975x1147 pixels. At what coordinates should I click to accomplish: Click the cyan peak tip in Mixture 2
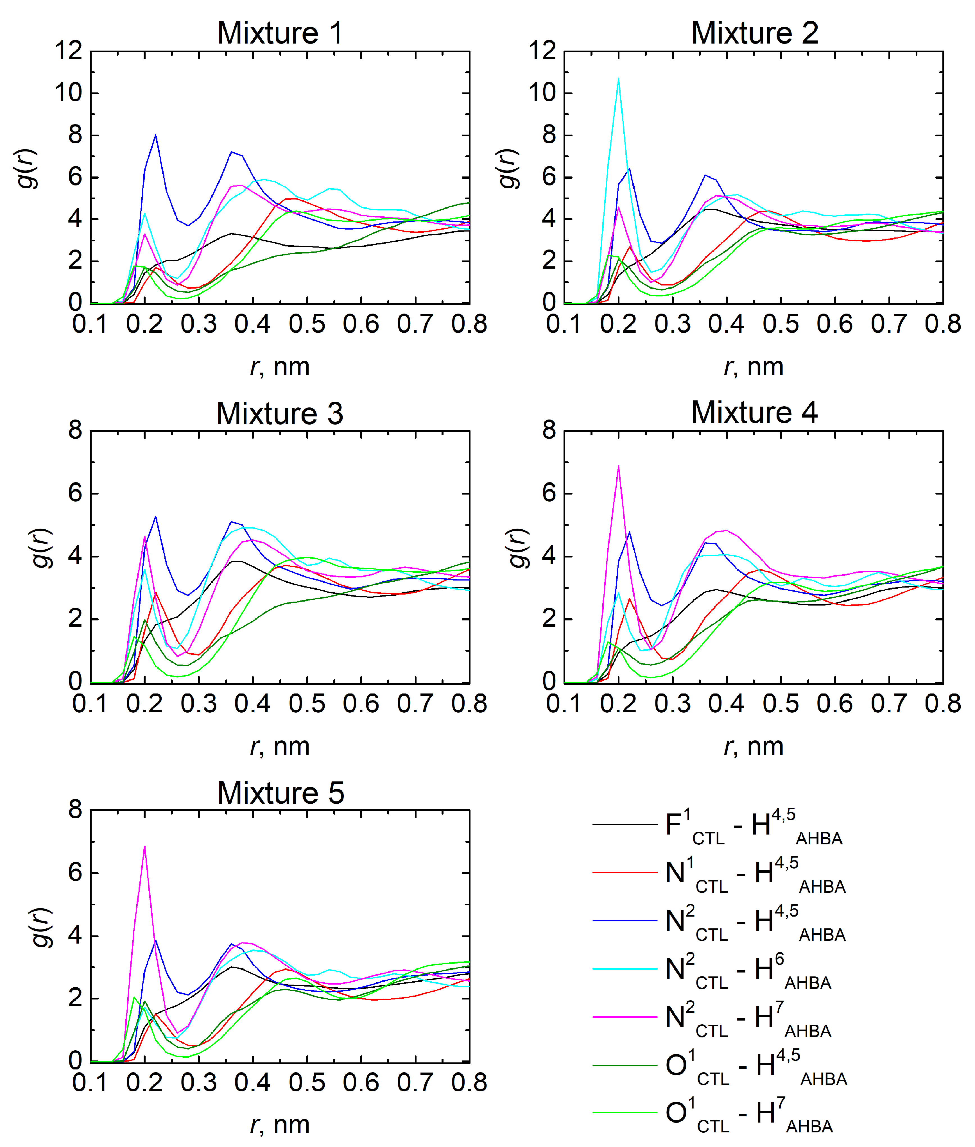click(619, 78)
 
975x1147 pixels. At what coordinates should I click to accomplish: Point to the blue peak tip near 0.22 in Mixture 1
click(155, 135)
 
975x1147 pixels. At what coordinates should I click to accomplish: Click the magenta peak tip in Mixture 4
click(619, 466)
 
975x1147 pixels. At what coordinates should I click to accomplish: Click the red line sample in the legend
click(625, 873)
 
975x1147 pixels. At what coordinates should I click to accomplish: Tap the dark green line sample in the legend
click(625, 1065)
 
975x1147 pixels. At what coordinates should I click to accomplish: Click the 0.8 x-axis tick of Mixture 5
click(469, 1083)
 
